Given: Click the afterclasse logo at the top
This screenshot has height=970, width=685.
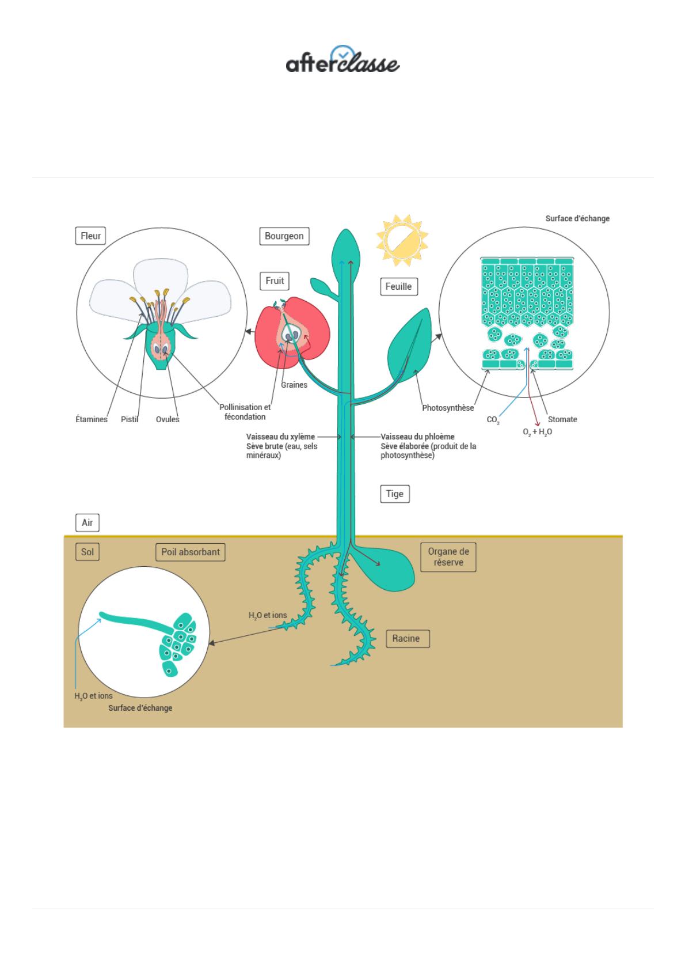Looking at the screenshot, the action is [342, 60].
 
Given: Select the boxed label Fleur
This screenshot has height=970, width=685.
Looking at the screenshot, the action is [90, 236].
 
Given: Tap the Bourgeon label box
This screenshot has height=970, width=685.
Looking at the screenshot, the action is [284, 236].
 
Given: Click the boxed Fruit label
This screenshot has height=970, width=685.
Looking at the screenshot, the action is [275, 281].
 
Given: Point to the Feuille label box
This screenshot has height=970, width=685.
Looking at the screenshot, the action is [398, 287].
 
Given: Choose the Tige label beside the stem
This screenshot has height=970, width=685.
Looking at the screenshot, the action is [395, 494].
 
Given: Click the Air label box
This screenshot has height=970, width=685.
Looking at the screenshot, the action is [87, 522].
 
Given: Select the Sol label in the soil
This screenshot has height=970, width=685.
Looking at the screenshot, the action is [87, 552].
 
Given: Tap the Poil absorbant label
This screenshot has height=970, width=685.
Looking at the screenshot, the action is [191, 552].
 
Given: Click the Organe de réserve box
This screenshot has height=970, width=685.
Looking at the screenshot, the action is [448, 557].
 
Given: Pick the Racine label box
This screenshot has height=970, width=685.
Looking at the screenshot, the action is [408, 638].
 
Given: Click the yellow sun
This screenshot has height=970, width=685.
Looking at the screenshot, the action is [402, 241].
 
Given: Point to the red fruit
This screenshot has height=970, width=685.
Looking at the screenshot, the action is [292, 332].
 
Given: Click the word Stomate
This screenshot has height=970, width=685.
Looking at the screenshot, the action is [562, 419].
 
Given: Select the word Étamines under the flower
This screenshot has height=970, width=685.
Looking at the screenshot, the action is [92, 419].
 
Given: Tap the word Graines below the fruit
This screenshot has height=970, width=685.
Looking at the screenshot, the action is [294, 385].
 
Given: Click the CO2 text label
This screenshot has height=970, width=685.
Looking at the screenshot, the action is [493, 419].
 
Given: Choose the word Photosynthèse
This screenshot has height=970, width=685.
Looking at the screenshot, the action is [448, 408].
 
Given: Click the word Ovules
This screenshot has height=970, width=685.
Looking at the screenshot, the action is [168, 419].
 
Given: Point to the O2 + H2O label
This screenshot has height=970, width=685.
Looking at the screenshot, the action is [537, 432].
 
